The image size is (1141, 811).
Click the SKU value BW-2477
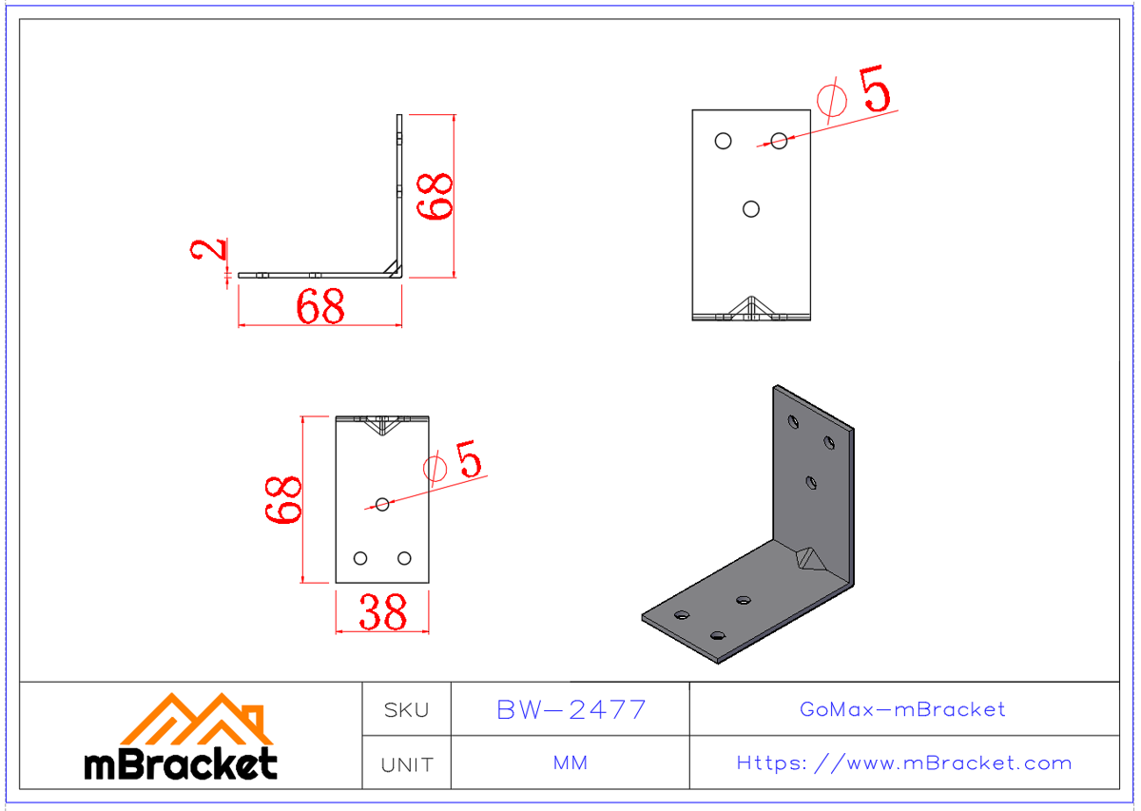[x=571, y=709]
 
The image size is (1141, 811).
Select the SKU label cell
[x=406, y=710]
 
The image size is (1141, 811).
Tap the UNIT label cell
[x=406, y=764]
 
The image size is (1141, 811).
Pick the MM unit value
[x=570, y=763]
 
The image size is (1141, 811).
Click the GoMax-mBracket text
[x=902, y=709]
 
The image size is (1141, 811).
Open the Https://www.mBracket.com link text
[x=903, y=763]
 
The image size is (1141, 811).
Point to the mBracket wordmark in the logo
[x=181, y=763]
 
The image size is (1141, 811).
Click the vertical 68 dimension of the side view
[x=438, y=197]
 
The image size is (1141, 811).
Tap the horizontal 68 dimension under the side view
[x=319, y=307]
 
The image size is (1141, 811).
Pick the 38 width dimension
[x=382, y=613]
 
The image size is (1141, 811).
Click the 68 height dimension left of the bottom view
[x=283, y=500]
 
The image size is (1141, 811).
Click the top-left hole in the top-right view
[x=724, y=141]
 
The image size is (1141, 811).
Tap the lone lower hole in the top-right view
[x=751, y=209]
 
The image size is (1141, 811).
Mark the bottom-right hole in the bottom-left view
[x=404, y=558]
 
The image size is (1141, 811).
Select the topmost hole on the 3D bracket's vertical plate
[x=793, y=420]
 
